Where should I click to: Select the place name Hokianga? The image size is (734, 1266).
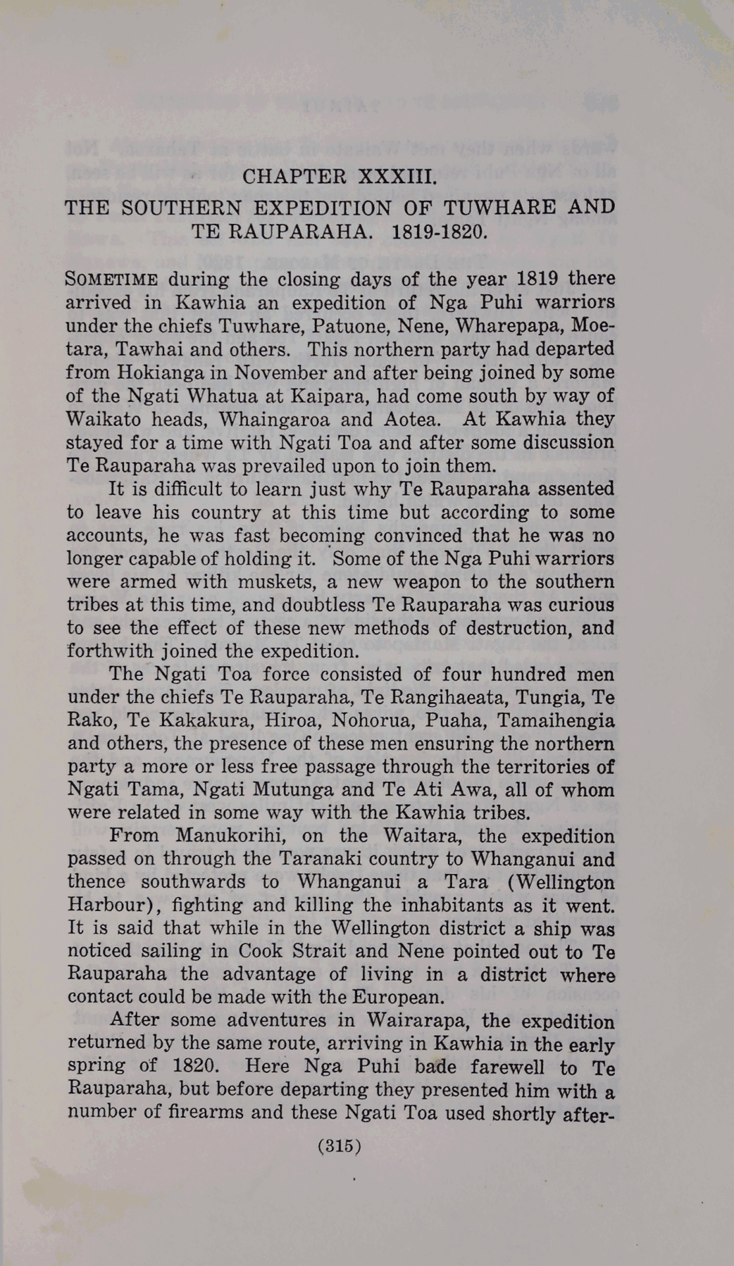(157, 372)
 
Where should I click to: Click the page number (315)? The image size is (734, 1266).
(339, 1145)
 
